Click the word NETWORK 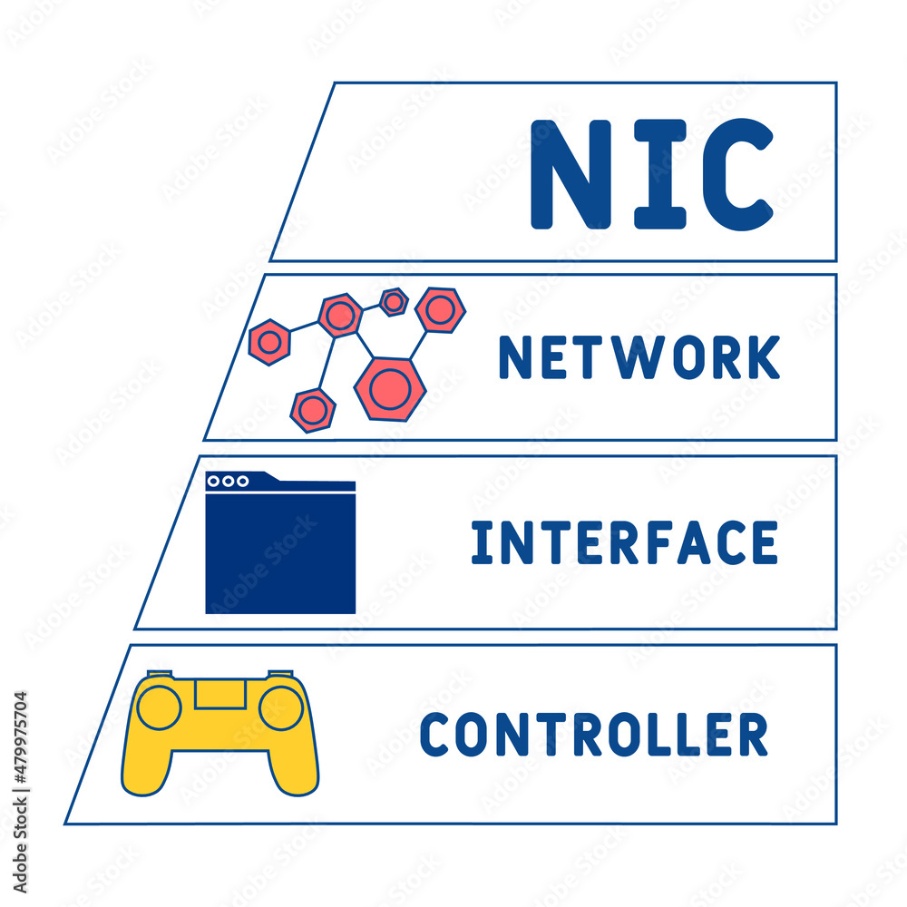coord(639,357)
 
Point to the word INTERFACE coord(624,543)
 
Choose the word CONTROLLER coord(594,735)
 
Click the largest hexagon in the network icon coord(390,387)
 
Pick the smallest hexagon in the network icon coord(394,301)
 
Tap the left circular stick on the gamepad coord(159,707)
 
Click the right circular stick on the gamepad coord(280,707)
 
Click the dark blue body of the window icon coord(280,553)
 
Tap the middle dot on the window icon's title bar coord(228,481)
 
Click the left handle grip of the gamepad coord(145,766)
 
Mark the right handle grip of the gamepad coord(295,766)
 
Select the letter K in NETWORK coord(765,357)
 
